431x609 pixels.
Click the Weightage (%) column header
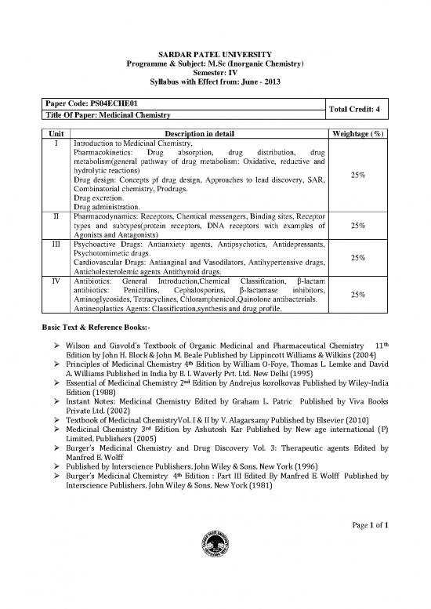pyautogui.click(x=357, y=134)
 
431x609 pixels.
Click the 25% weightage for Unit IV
pyautogui.click(x=357, y=295)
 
